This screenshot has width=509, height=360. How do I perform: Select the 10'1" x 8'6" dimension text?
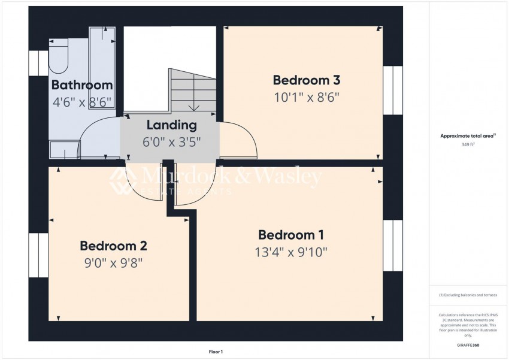tap(307, 98)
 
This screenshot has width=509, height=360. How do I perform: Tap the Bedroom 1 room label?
tap(291, 234)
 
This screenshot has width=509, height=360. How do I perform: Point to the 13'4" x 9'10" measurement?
tap(291, 252)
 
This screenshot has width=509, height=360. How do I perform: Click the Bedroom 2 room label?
tap(113, 245)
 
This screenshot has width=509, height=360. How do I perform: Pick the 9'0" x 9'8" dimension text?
tap(113, 262)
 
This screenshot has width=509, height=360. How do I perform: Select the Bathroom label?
tap(82, 84)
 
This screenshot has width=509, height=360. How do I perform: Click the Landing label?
tap(171, 125)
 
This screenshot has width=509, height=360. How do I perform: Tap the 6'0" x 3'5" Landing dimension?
tap(171, 142)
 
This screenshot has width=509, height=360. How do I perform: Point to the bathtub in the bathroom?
tap(102, 66)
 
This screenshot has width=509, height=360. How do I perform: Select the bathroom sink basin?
tap(64, 149)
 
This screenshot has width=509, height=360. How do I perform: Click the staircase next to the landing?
tap(193, 90)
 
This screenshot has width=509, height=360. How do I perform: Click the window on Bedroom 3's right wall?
tap(393, 90)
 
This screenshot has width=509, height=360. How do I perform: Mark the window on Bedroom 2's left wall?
tap(38, 255)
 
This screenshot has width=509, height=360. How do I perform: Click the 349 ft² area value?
tap(467, 145)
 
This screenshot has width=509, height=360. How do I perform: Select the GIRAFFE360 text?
tap(467, 346)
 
